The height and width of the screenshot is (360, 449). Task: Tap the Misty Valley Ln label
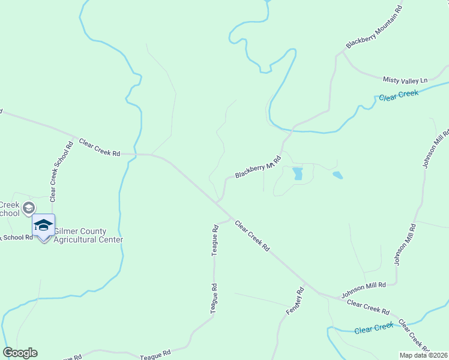point(405,80)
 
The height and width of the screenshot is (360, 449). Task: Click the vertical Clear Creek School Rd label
point(61,170)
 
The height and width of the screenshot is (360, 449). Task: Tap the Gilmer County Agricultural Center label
point(88,235)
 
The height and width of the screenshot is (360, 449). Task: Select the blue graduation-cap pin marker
point(43,226)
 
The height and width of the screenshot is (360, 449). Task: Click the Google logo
point(20,353)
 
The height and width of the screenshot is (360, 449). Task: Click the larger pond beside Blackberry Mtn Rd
point(297,173)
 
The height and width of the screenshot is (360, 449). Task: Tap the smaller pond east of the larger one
point(337,175)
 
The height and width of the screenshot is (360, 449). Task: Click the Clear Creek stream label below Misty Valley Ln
point(398,95)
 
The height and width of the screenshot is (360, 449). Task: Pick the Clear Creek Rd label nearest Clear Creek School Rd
point(99,149)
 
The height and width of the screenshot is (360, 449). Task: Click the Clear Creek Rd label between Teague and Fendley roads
point(252,235)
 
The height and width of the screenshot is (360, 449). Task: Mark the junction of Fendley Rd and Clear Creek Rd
point(304,284)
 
